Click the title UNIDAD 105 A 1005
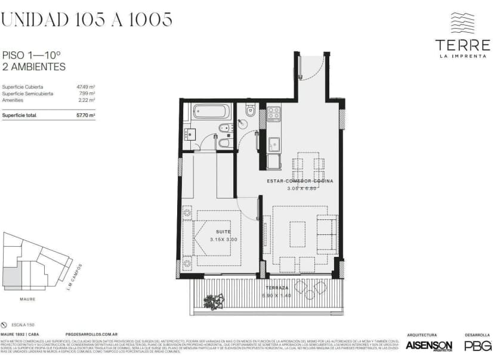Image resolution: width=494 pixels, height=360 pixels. (x=87, y=20)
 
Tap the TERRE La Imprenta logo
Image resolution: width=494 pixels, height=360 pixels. (x=462, y=36)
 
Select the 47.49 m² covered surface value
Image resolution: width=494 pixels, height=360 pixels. (x=86, y=86)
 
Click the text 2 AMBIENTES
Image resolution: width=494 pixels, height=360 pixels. (x=34, y=67)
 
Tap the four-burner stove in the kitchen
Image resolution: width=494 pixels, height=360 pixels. (x=274, y=113)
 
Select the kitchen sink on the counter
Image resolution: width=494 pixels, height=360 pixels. (x=274, y=144)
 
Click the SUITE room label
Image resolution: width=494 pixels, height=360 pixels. (x=224, y=231)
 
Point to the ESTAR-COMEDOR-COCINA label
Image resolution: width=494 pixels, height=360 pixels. (x=300, y=180)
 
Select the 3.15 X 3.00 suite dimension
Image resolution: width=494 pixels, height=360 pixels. (x=224, y=239)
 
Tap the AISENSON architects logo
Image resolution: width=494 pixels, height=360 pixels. (x=428, y=346)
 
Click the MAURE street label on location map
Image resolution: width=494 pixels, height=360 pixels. (x=26, y=299)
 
